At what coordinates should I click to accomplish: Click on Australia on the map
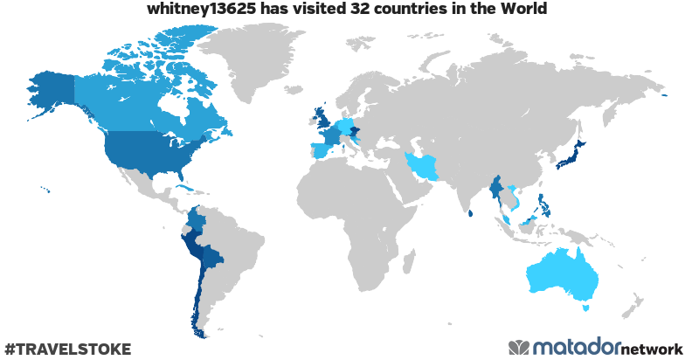(x=564, y=275)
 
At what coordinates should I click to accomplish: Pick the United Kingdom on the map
(x=324, y=119)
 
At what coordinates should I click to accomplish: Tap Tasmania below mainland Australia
(x=586, y=307)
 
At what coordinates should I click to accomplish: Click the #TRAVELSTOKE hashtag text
(x=67, y=349)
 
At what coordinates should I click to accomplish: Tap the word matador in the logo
(x=576, y=347)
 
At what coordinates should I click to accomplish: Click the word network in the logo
(x=651, y=348)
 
